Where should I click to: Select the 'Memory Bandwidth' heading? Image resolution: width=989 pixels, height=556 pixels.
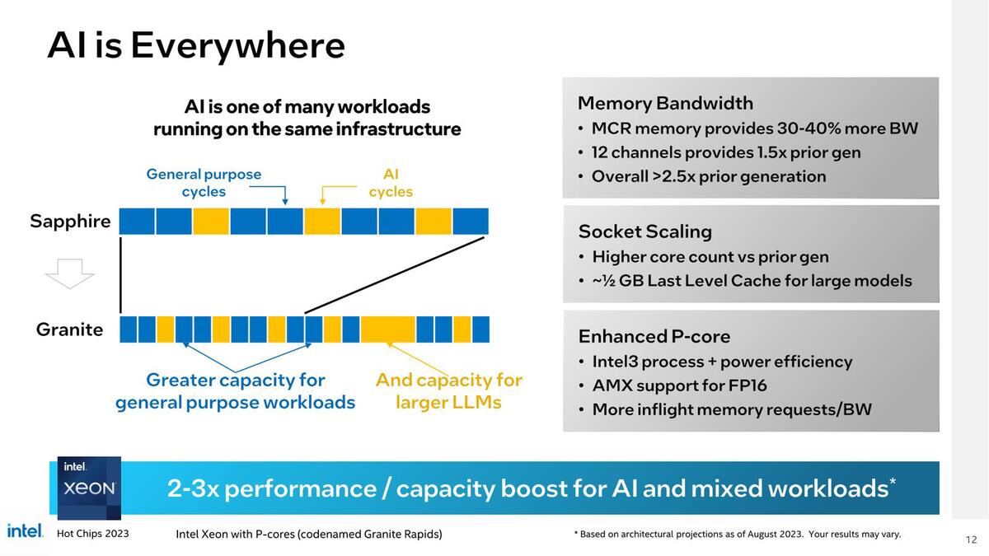[x=665, y=103]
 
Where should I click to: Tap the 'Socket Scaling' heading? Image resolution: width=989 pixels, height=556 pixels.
[x=644, y=231]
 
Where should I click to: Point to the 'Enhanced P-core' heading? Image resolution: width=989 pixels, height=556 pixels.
[x=654, y=336]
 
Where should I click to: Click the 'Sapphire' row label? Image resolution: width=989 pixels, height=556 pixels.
[x=70, y=221]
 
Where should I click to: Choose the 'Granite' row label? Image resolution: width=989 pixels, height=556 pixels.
[x=70, y=329]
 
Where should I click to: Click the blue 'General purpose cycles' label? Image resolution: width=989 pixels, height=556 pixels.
[x=204, y=183]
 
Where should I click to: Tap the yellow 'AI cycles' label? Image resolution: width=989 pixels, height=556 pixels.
[x=391, y=183]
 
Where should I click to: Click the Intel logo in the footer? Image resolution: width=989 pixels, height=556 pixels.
[x=25, y=531]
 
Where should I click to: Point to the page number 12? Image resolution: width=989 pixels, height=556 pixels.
[x=970, y=540]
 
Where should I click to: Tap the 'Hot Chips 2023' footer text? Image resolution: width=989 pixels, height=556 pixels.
[x=92, y=534]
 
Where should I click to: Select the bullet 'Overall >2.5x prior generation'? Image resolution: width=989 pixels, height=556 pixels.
[x=708, y=176]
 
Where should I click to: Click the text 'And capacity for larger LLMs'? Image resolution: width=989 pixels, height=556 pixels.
[x=448, y=390]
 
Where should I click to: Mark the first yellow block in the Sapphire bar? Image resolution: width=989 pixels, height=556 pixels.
[x=211, y=221]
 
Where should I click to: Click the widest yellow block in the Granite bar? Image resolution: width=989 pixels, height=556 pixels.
[x=387, y=329]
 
